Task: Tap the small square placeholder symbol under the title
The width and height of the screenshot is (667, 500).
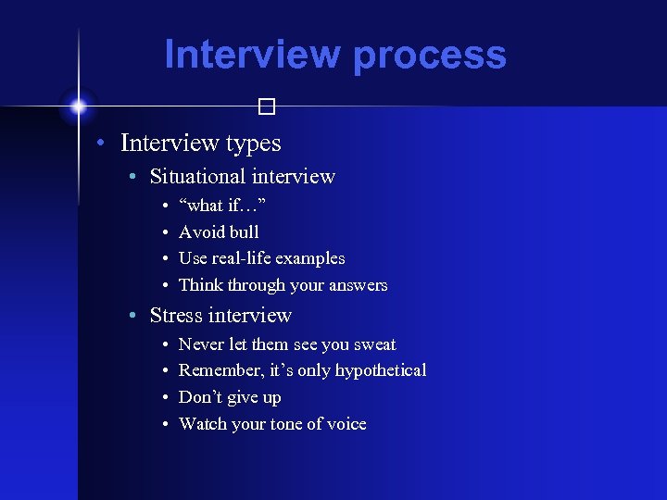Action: click(x=267, y=107)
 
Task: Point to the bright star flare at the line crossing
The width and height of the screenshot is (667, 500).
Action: click(x=79, y=106)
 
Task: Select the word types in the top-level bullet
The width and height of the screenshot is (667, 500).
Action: click(x=249, y=144)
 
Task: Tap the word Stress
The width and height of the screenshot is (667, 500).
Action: click(x=176, y=316)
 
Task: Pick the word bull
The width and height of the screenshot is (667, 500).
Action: click(x=245, y=231)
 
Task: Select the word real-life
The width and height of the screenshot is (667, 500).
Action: click(x=244, y=258)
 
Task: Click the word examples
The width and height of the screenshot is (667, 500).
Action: click(x=315, y=258)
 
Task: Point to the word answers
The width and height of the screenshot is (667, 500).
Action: click(x=357, y=286)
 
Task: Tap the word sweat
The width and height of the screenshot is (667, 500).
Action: click(x=374, y=344)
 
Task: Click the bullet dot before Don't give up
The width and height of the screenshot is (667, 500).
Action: click(x=164, y=398)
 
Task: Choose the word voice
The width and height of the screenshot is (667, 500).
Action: click(x=346, y=424)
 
